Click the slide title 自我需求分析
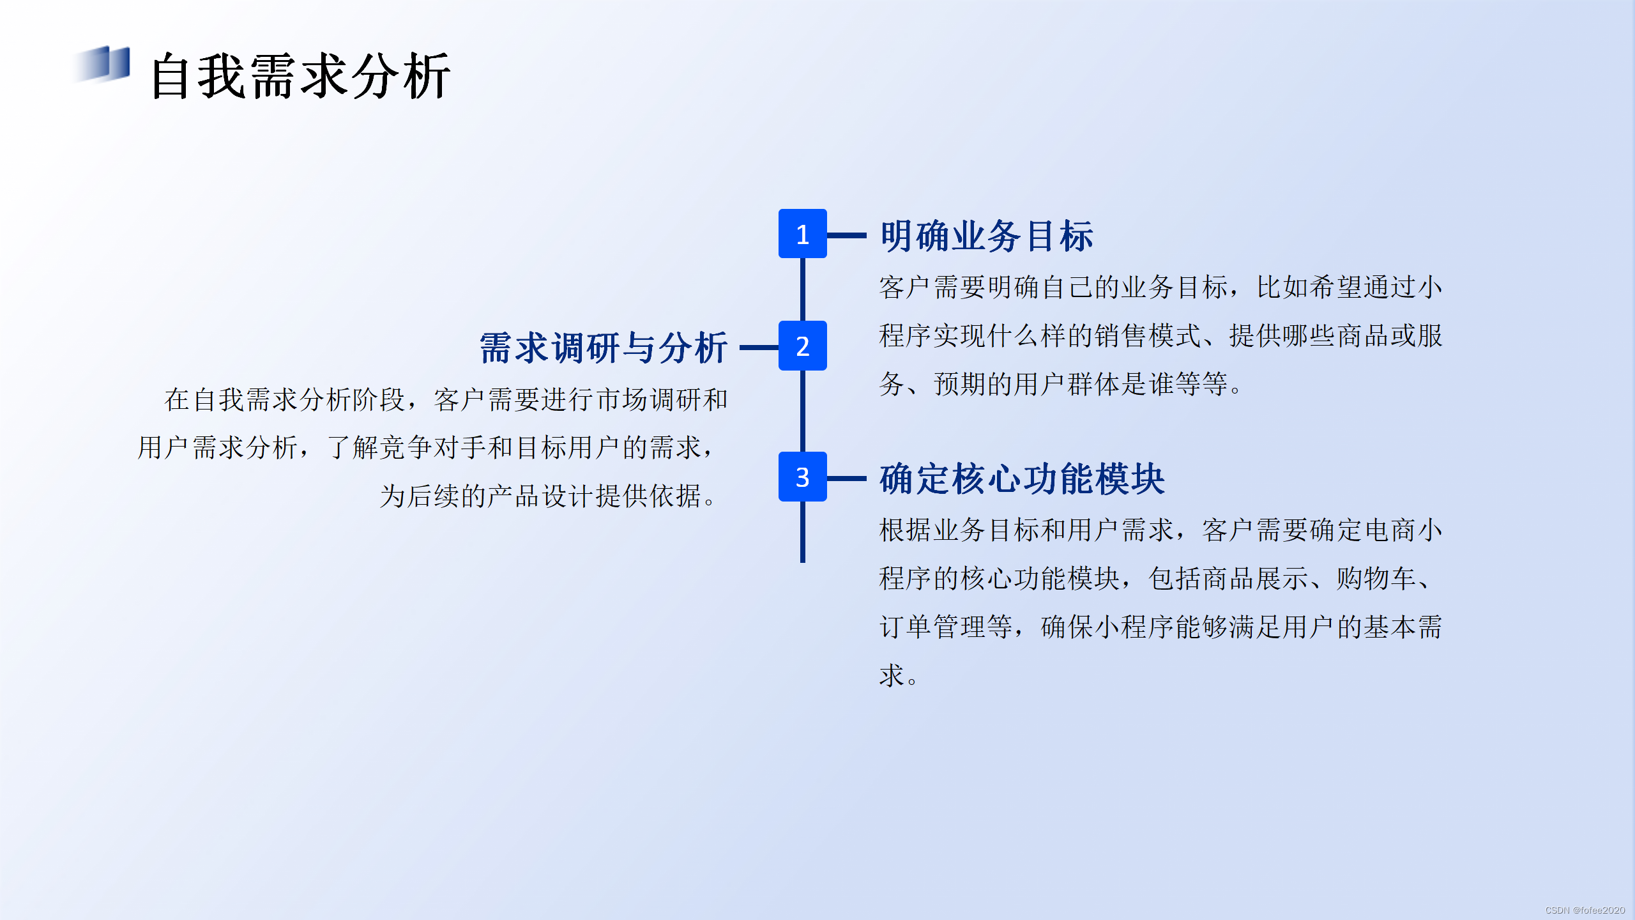tap(300, 77)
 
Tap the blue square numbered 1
tap(802, 234)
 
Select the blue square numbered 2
tap(802, 346)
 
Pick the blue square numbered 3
tap(802, 477)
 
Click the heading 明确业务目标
tap(986, 236)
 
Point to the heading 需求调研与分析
tap(603, 348)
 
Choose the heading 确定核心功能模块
tap(1022, 479)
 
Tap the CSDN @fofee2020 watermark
tap(1585, 910)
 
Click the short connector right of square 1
tap(847, 235)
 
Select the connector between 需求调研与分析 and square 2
tap(759, 348)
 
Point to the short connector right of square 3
tap(847, 478)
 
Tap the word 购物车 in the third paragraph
tap(1376, 579)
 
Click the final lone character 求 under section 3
tap(892, 676)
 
